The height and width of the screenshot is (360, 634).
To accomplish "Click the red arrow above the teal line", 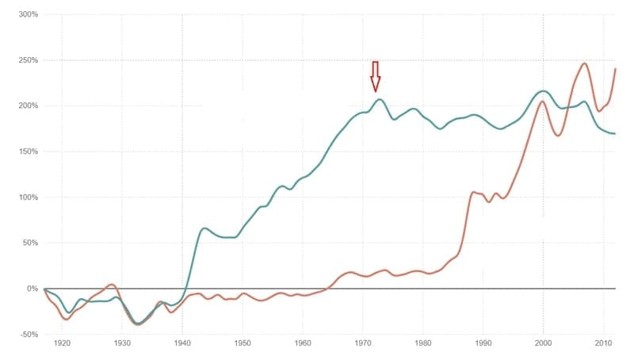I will [376, 76].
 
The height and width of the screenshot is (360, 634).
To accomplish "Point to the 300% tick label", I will [29, 15].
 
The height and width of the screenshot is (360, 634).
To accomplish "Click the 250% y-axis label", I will [29, 60].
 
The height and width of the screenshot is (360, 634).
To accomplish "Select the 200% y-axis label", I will [29, 106].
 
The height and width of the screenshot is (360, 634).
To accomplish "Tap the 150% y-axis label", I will [29, 151].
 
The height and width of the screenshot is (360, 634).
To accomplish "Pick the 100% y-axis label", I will [29, 197].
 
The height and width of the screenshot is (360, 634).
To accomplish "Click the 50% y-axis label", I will [30, 243].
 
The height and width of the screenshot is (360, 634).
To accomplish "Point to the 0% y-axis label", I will [32, 289].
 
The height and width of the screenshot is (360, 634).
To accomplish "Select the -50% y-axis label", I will [29, 334].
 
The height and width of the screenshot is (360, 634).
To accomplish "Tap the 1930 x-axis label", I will [122, 344].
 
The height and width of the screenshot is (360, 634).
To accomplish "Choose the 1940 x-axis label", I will [182, 344].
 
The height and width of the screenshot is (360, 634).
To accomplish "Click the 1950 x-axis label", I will [243, 344].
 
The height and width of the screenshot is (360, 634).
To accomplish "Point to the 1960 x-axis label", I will [303, 344].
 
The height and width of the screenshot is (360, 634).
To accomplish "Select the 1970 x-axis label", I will [363, 344].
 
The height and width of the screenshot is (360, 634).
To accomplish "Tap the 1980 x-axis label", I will [423, 344].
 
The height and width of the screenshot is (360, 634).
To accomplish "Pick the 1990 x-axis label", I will [483, 344].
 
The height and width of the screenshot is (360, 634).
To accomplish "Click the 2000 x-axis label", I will [544, 344].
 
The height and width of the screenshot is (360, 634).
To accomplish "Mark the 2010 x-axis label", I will [604, 344].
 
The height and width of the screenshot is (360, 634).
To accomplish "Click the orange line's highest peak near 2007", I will [584, 64].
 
